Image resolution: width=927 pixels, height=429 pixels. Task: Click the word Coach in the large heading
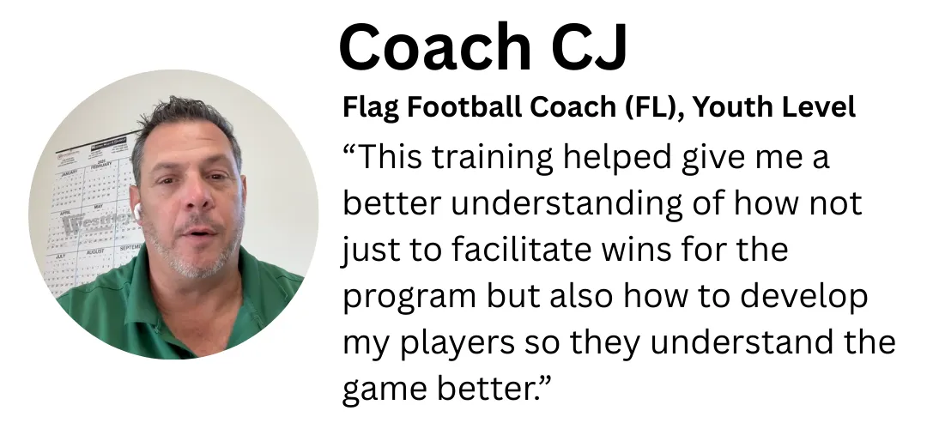click(x=436, y=46)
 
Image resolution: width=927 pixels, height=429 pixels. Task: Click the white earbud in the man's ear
click(x=137, y=212)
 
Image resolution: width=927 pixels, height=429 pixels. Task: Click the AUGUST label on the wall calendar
click(x=95, y=251)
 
